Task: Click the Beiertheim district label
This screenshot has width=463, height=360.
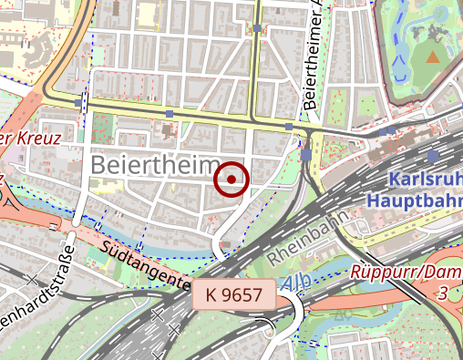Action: [155, 166]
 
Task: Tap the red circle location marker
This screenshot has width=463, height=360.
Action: [231, 180]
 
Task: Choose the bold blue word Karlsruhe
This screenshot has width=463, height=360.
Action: [425, 179]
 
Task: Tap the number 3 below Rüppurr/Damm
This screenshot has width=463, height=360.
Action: [442, 293]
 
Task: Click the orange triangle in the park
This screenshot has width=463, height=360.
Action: [432, 57]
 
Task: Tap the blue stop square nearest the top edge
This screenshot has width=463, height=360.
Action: [258, 29]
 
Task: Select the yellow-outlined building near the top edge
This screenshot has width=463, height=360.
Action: [147, 13]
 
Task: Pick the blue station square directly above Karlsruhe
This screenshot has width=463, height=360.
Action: [392, 130]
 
